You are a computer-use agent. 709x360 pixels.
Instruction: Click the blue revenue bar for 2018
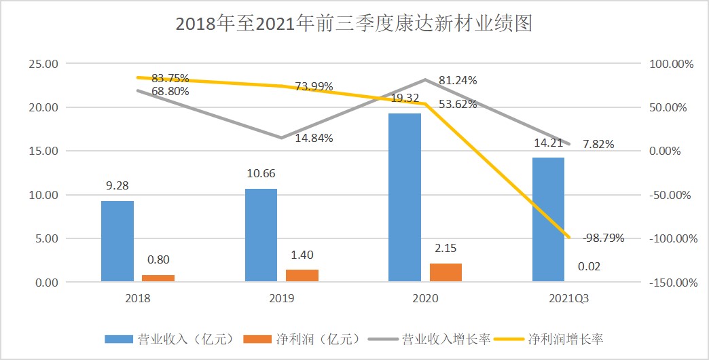[x=117, y=241]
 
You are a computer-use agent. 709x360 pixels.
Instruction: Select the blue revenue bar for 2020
[x=405, y=197]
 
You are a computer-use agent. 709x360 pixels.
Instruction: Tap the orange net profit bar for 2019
[x=302, y=275]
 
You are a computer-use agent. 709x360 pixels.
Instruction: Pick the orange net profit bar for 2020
[x=446, y=272]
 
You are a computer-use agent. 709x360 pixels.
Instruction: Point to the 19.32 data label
[x=405, y=98]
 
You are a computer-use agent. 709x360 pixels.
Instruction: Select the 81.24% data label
[x=457, y=80]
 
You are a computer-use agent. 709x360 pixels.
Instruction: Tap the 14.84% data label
[x=313, y=138]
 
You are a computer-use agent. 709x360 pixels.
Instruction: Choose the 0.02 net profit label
[x=589, y=266]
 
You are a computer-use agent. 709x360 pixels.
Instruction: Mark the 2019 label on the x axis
[x=282, y=298]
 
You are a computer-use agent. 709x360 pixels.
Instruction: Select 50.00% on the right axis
[x=672, y=107]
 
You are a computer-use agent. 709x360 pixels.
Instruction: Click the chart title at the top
[x=353, y=24]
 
